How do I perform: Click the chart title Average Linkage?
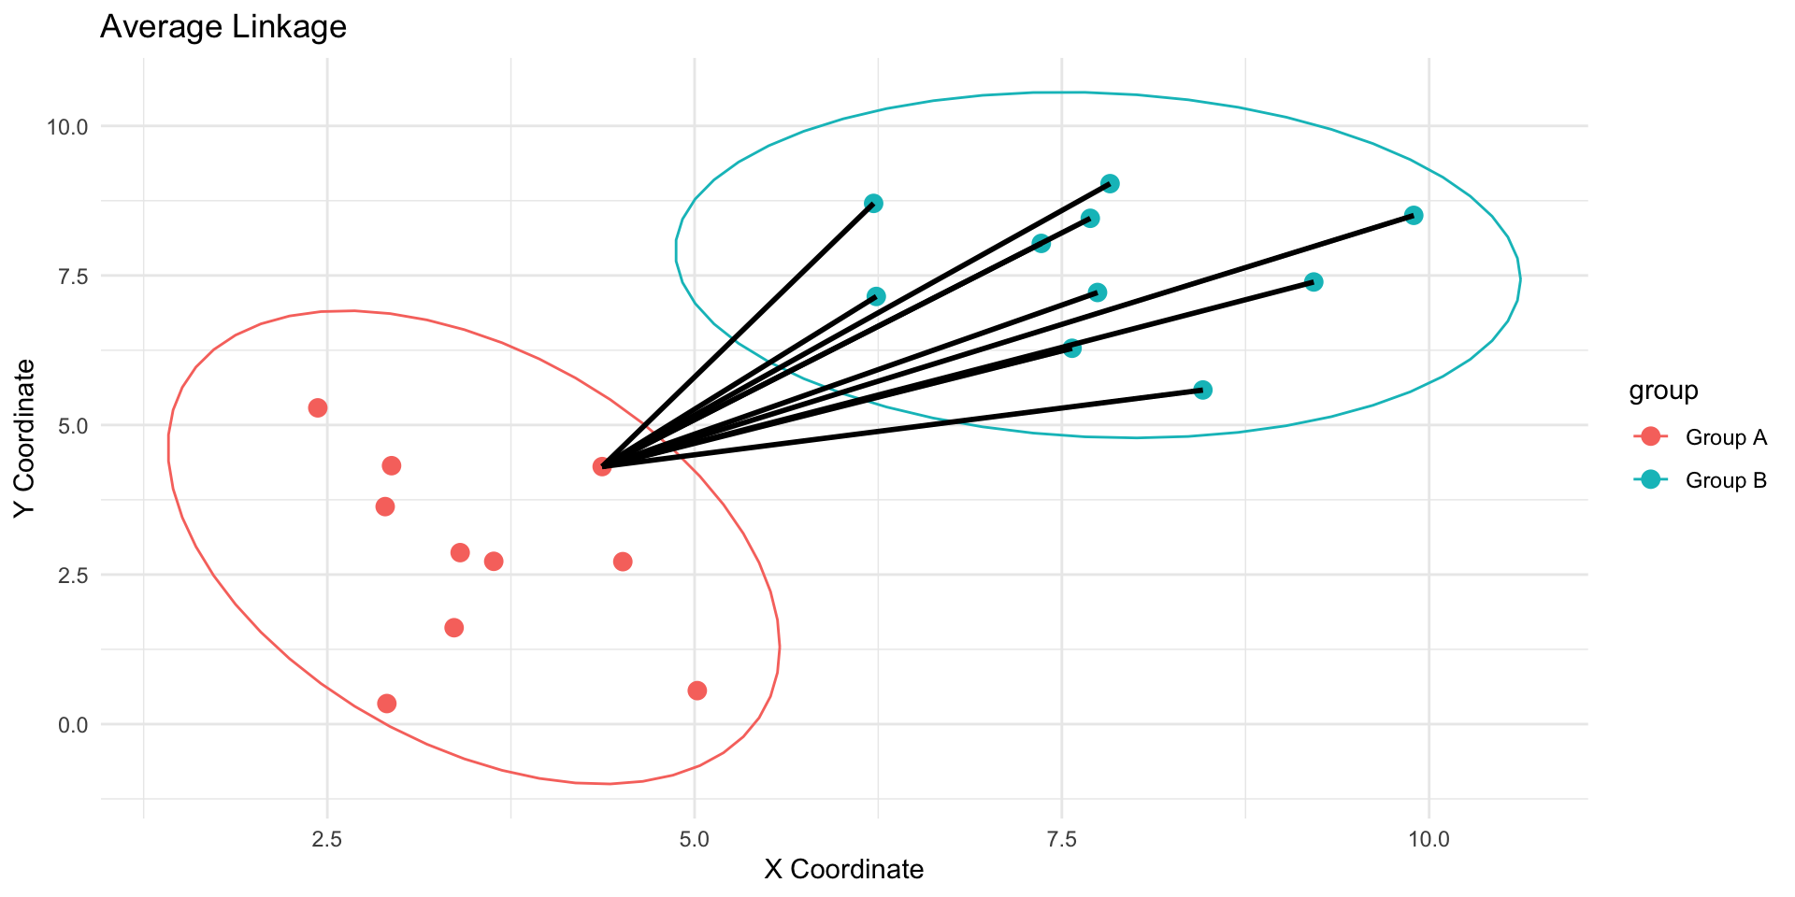coord(223,27)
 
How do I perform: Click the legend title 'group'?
coord(1663,391)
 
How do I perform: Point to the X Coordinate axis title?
coord(843,870)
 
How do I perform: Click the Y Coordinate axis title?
coord(25,437)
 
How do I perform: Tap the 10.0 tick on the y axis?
coord(67,126)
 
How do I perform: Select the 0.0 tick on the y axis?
coord(73,724)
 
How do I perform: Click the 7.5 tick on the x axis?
coord(1061,837)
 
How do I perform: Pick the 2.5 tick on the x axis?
coord(326,837)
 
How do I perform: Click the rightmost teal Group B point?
coord(1414,215)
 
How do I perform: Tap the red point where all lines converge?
coord(602,466)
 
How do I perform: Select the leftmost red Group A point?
coord(318,407)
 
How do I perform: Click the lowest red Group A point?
coord(387,703)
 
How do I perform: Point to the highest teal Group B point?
coord(1110,183)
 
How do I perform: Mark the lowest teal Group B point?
coord(1203,390)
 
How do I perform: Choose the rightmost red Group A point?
coord(696,691)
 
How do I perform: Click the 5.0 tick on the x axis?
coord(694,837)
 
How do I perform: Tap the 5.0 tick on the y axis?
coord(73,425)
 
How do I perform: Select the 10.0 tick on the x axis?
coord(1428,837)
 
